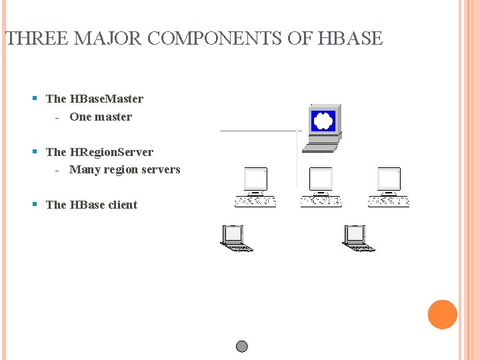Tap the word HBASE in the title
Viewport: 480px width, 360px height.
click(351, 39)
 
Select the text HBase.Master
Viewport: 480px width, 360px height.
click(106, 99)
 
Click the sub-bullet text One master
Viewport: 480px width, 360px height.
click(101, 117)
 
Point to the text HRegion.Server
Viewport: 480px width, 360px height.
click(111, 152)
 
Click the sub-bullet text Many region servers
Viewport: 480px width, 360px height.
click(125, 169)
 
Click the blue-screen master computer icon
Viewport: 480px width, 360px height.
click(324, 124)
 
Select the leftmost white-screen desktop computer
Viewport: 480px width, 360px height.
click(255, 187)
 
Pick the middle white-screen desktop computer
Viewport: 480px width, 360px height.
click(321, 187)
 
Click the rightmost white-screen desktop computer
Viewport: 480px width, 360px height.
click(389, 187)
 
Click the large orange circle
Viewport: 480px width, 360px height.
click(442, 315)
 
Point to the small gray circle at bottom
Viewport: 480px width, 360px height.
click(242, 347)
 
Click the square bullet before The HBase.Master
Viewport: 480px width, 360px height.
click(35, 99)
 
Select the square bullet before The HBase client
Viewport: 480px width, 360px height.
click(35, 205)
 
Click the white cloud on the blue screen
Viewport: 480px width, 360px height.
click(323, 121)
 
